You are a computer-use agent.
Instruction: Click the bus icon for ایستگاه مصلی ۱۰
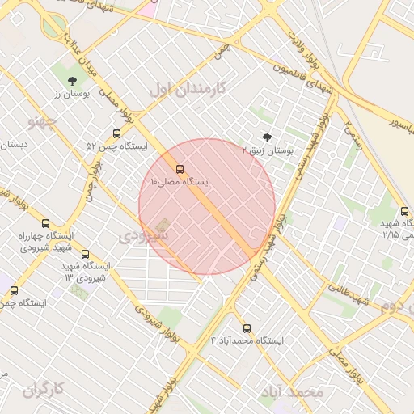(x=180, y=171)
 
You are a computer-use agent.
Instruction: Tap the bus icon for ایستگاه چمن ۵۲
(x=116, y=134)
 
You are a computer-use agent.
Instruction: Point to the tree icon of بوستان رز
(x=73, y=80)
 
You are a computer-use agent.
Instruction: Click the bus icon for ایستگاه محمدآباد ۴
(x=247, y=328)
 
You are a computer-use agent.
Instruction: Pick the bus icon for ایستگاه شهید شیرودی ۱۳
(x=86, y=254)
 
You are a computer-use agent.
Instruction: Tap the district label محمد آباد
(x=292, y=392)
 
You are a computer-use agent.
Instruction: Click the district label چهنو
(x=41, y=122)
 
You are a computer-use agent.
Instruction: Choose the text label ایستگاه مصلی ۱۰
(x=180, y=183)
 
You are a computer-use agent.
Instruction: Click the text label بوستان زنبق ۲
(x=268, y=150)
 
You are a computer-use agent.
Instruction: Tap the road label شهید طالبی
(x=350, y=291)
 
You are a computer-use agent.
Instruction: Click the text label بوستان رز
(x=69, y=94)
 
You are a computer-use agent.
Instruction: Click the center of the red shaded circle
(x=207, y=207)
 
